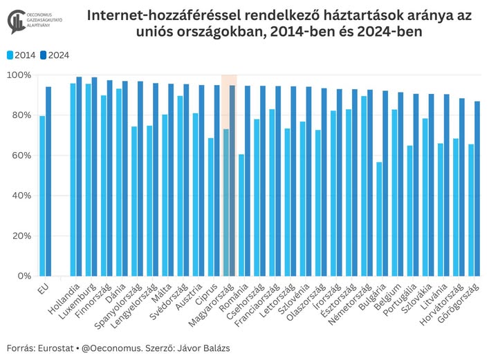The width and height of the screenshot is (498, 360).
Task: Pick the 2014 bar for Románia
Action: point(241,215)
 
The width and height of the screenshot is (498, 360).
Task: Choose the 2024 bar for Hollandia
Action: point(79,176)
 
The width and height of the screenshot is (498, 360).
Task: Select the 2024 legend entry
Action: point(55,55)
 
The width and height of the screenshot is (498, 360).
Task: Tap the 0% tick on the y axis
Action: point(25,276)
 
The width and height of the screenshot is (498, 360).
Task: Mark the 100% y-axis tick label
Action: point(19,75)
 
